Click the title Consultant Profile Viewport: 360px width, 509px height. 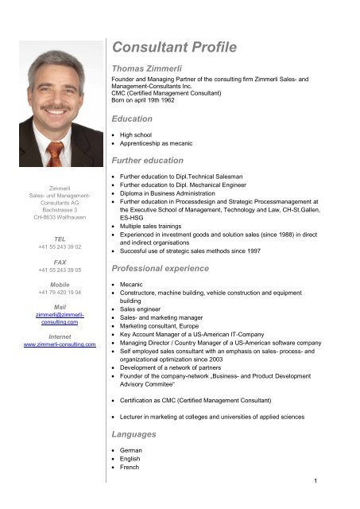coord(176,49)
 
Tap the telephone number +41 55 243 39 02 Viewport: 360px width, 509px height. coord(59,247)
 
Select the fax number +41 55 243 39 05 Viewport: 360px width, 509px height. coord(59,270)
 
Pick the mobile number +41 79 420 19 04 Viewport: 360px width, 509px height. coord(59,293)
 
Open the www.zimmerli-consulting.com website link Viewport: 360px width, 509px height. coord(59,345)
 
